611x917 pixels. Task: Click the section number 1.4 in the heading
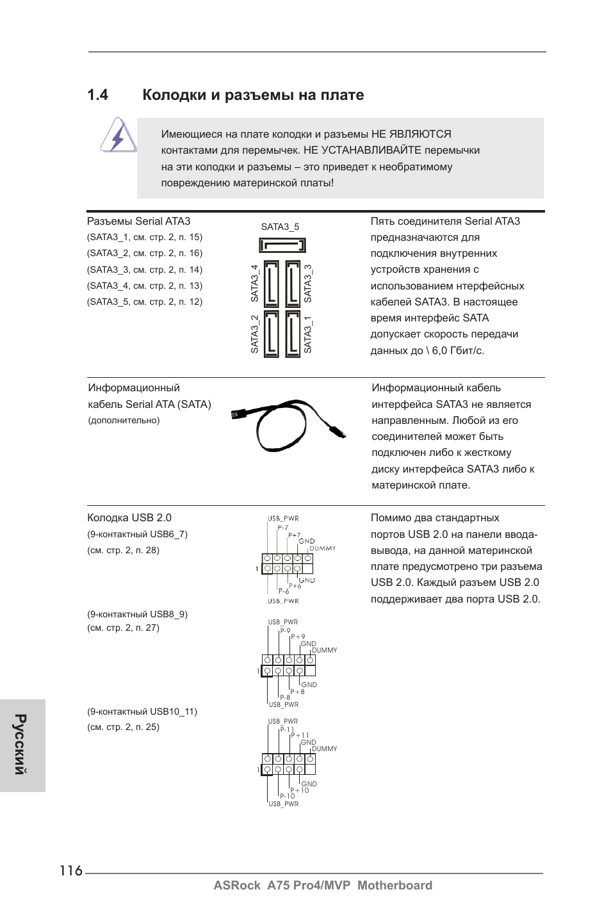pyautogui.click(x=97, y=95)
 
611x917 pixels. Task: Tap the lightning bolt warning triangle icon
pyautogui.click(x=118, y=136)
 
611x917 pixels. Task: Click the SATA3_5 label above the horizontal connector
pyautogui.click(x=280, y=227)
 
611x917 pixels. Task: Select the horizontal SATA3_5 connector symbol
pyautogui.click(x=282, y=245)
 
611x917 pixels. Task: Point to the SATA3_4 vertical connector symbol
pyautogui.click(x=271, y=282)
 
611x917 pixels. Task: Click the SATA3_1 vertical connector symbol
pyautogui.click(x=293, y=333)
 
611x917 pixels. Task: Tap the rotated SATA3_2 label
pyautogui.click(x=254, y=334)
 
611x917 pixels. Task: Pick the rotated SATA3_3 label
pyautogui.click(x=308, y=283)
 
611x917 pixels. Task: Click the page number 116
pyautogui.click(x=71, y=870)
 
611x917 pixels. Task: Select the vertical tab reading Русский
pyautogui.click(x=22, y=745)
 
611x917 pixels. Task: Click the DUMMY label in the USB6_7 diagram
pyautogui.click(x=323, y=549)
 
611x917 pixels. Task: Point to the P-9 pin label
pyautogui.click(x=285, y=631)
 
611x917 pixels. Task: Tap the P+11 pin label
pyautogui.click(x=300, y=736)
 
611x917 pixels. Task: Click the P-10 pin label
pyautogui.click(x=287, y=796)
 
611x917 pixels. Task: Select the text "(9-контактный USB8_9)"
pyautogui.click(x=137, y=614)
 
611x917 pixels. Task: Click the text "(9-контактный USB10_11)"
pyautogui.click(x=142, y=711)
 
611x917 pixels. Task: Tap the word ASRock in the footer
pyautogui.click(x=237, y=885)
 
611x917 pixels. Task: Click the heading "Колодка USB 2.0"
pyautogui.click(x=129, y=518)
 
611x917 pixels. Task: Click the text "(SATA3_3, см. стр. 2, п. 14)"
pyautogui.click(x=145, y=270)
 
